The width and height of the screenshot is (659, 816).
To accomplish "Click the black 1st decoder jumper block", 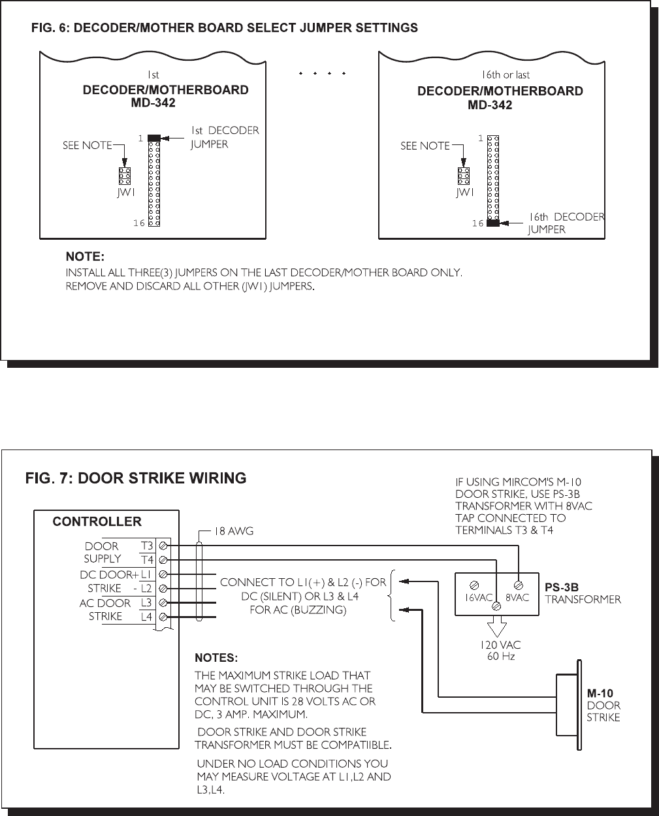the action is point(154,139).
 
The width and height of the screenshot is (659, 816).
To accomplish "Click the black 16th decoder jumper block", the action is point(493,223).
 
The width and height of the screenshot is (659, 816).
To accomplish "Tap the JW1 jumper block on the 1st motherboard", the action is point(125,176).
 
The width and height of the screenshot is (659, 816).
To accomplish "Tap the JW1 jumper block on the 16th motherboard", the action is point(463,176).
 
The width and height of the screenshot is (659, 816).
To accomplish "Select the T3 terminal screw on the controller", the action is point(163,546).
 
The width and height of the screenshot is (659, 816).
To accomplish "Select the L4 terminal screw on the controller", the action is point(163,617).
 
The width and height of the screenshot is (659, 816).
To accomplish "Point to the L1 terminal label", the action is point(146,574).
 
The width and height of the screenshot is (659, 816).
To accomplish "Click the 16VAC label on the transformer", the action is point(478,597).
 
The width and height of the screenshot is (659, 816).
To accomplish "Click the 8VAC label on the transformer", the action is point(517,597).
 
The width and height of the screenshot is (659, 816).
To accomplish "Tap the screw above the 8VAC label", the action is point(519,585).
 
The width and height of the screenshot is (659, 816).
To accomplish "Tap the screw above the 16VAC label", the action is point(474,585).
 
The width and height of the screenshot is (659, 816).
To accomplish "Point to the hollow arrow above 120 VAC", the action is point(496,626).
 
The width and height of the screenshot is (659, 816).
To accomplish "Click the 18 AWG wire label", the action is point(234,531).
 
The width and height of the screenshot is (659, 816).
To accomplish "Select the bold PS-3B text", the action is point(561,587).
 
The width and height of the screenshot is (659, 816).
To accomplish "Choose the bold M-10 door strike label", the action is point(600,693).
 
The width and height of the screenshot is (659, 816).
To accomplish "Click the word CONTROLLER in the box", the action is point(97,521).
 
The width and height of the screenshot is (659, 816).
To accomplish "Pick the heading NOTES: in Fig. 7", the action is point(216,658).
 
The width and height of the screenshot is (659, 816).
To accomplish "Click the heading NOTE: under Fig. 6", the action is point(85,256).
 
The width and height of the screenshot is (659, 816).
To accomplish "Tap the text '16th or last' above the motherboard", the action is point(506,74).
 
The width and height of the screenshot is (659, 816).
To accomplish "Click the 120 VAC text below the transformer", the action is point(500,645).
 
